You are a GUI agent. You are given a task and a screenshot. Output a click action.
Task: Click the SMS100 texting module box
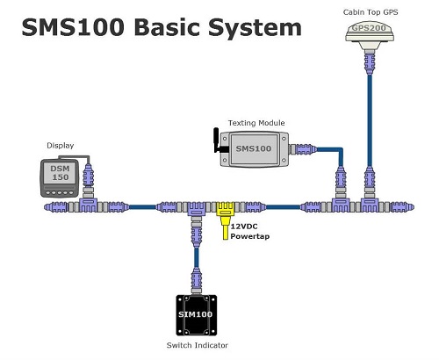pos(254,149)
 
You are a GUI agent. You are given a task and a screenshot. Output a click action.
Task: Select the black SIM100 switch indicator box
pos(197,315)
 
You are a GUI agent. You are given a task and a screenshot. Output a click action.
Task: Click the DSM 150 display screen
pos(60,173)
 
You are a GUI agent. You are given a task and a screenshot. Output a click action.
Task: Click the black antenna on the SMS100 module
pos(218,140)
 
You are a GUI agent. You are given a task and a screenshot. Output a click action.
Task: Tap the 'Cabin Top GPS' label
pos(371,12)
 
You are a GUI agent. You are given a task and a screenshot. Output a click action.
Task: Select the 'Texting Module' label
pos(256,123)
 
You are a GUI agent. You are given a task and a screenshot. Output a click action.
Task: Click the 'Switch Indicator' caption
pos(198,345)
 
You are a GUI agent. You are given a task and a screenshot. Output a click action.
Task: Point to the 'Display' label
pos(61,146)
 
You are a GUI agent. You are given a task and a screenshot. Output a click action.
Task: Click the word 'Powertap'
pos(250,236)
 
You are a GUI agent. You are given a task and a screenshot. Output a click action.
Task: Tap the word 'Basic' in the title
pos(168,27)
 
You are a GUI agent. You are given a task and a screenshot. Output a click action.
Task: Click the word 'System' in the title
pos(255,28)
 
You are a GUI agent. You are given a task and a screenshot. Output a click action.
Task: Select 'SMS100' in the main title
pos(73,27)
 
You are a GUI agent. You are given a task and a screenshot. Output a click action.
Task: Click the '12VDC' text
pos(244,227)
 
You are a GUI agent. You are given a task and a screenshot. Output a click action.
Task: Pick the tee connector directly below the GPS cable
pos(370,204)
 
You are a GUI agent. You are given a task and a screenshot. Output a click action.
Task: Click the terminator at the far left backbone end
pos(56,207)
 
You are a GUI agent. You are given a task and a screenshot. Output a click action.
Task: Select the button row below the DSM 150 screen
pos(60,193)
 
